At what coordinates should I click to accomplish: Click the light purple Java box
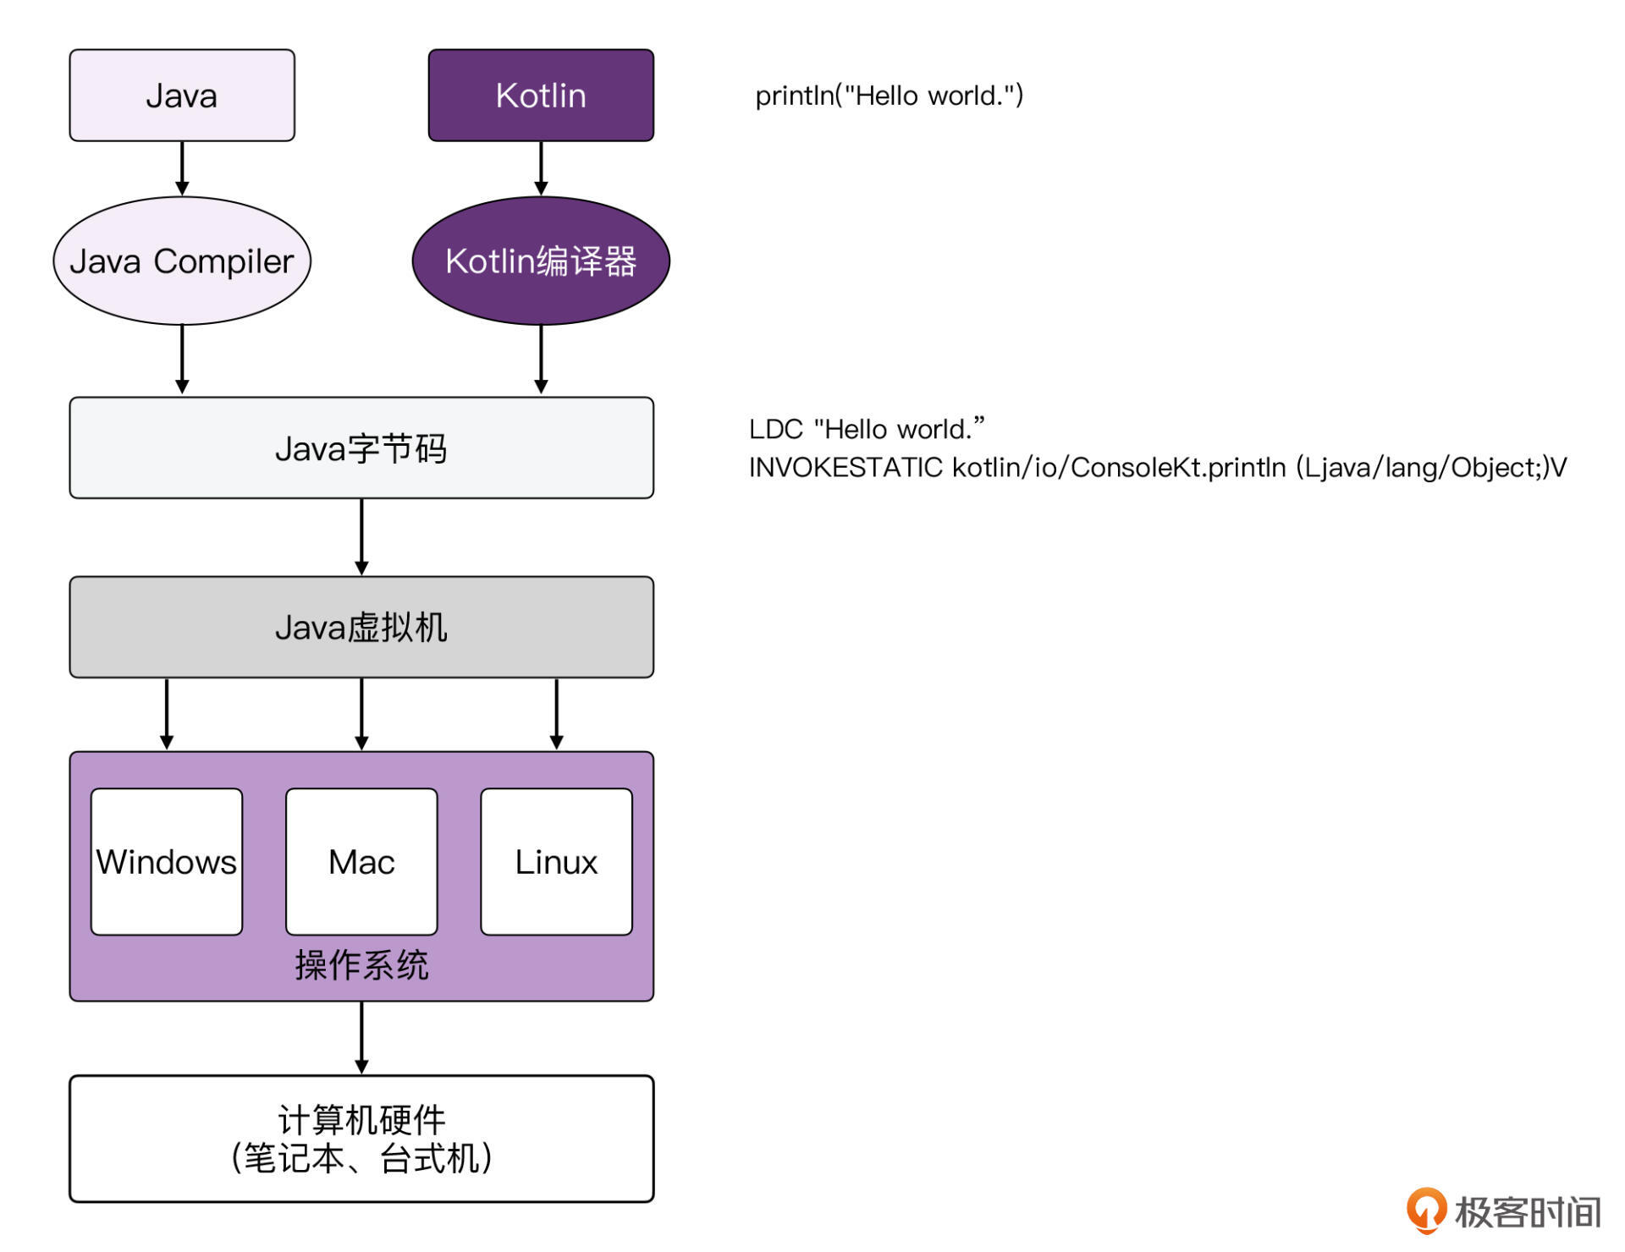pyautogui.click(x=182, y=95)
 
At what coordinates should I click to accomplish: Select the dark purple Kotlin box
pyautogui.click(x=541, y=95)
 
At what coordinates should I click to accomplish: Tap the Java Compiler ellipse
pyautogui.click(x=182, y=261)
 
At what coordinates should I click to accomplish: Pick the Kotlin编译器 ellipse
pyautogui.click(x=541, y=261)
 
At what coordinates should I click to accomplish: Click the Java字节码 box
pyautogui.click(x=361, y=448)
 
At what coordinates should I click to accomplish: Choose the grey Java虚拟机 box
pyautogui.click(x=361, y=627)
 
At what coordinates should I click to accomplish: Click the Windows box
pyautogui.click(x=167, y=861)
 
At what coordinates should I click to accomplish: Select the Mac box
pyautogui.click(x=361, y=861)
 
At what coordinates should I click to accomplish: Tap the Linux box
pyautogui.click(x=556, y=861)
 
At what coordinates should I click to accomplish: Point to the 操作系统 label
pyautogui.click(x=361, y=965)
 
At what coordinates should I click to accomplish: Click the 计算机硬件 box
pyautogui.click(x=361, y=1138)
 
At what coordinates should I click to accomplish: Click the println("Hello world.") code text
pyautogui.click(x=889, y=96)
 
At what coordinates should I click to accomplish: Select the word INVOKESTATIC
pyautogui.click(x=846, y=467)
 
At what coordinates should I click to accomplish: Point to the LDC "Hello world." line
pyautogui.click(x=867, y=429)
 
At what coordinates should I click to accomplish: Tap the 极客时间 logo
pyautogui.click(x=1504, y=1211)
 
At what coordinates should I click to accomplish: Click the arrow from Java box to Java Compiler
pyautogui.click(x=182, y=168)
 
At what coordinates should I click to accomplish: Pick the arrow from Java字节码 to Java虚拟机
pyautogui.click(x=361, y=537)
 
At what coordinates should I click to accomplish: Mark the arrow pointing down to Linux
pyautogui.click(x=556, y=714)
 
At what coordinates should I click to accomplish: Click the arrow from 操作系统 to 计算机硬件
pyautogui.click(x=361, y=1038)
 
